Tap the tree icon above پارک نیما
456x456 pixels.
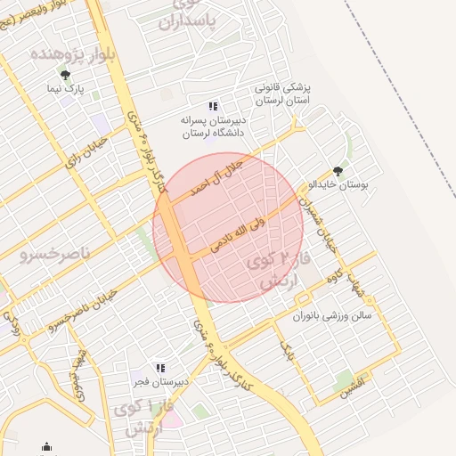point(63,74)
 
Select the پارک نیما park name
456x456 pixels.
point(66,90)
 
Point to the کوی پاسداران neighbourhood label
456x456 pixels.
point(189,12)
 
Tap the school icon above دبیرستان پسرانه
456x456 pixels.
point(212,106)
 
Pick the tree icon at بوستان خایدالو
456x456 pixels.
point(337,170)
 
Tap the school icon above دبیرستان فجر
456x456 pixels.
point(160,368)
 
